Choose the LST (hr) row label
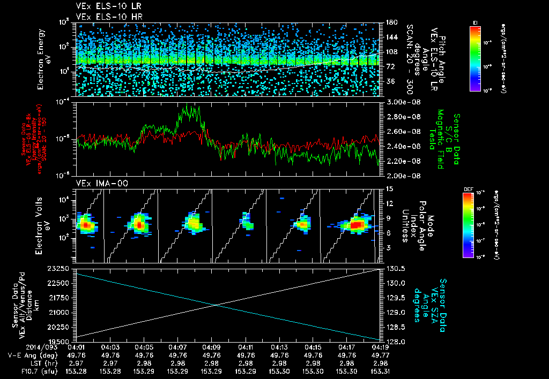click(41, 362)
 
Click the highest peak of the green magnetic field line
click(186, 107)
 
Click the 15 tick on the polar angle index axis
click(387, 188)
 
